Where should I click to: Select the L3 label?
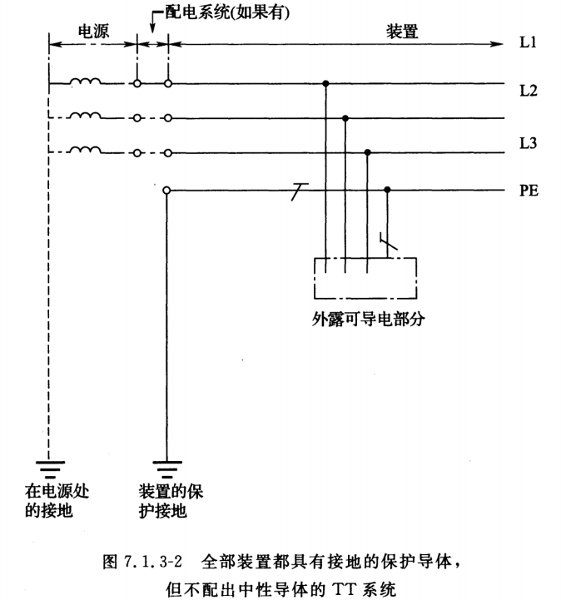529,144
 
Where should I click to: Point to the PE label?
529,191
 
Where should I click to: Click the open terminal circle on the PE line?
167,191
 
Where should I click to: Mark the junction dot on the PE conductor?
387,191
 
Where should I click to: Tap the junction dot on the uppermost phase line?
325,83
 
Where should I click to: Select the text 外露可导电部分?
365,319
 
